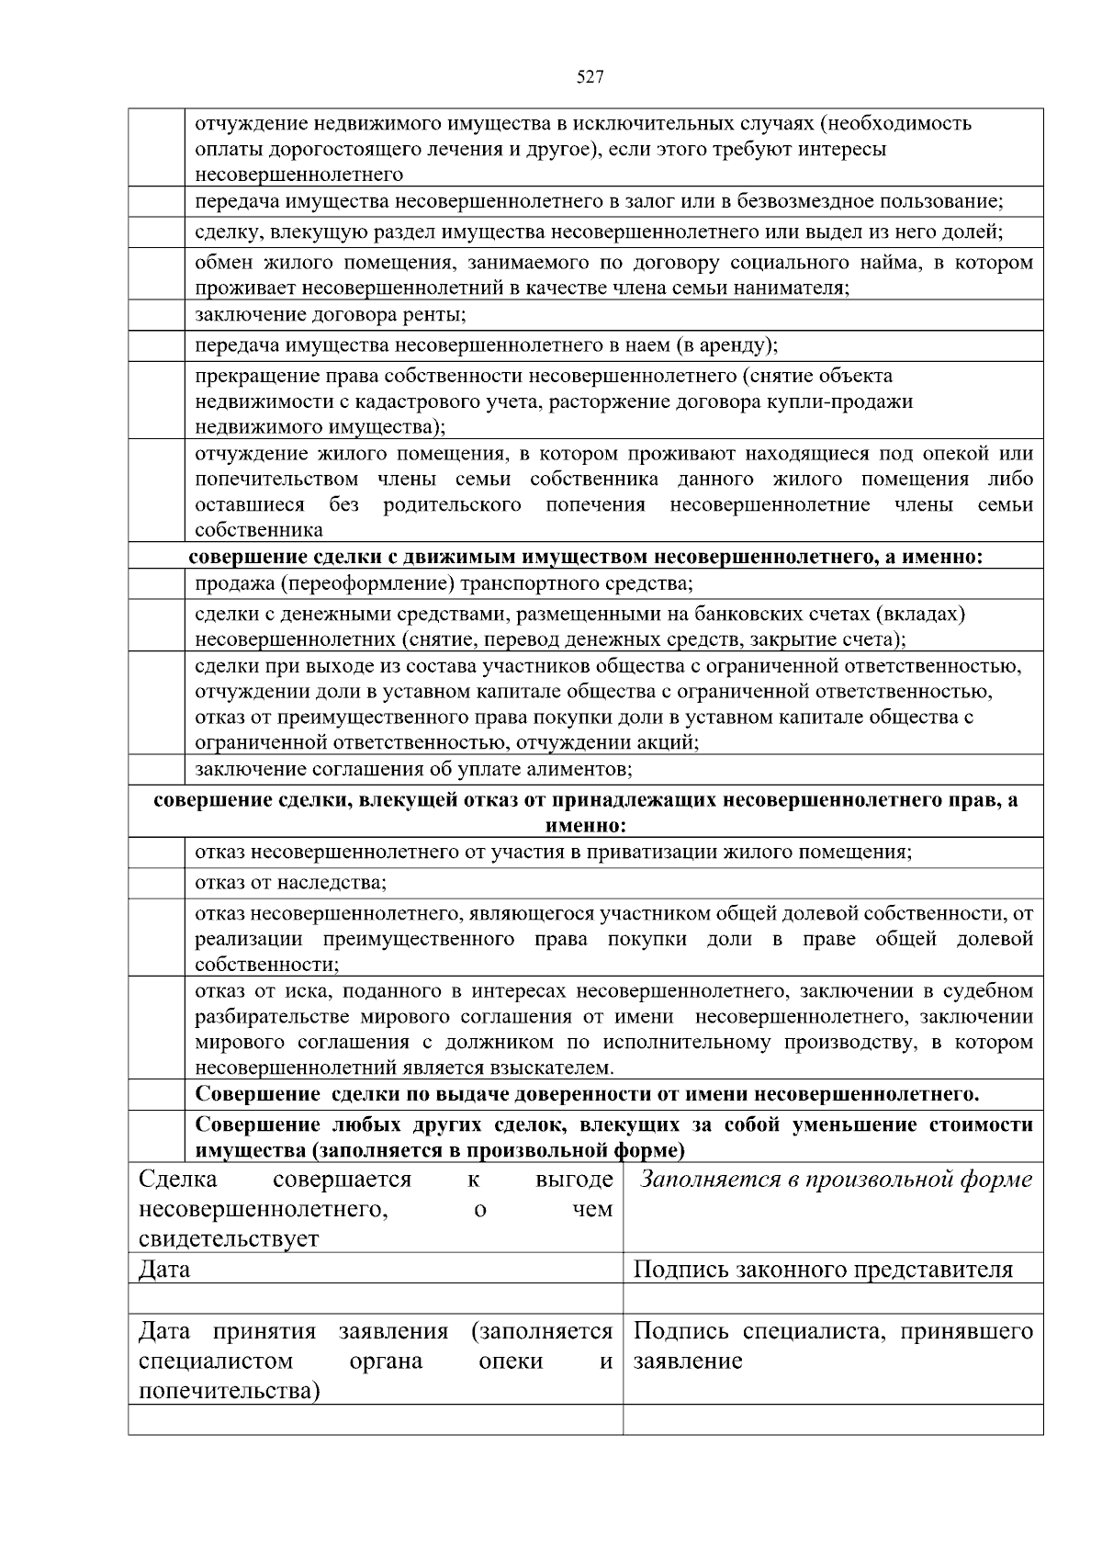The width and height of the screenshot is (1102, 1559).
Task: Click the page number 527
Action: (590, 77)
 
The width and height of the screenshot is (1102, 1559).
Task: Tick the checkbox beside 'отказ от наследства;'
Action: (156, 883)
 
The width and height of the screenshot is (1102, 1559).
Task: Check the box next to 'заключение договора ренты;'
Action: (156, 315)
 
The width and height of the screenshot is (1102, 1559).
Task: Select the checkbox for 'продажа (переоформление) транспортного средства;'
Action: (156, 584)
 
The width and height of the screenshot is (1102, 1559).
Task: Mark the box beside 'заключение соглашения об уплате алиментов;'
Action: (156, 769)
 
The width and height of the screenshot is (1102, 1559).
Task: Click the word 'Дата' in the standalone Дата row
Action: (164, 1270)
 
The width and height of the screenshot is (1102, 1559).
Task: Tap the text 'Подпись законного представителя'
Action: (823, 1270)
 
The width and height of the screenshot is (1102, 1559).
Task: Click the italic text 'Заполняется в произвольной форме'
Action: (835, 1180)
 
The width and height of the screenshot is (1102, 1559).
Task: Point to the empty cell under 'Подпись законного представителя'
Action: (833, 1298)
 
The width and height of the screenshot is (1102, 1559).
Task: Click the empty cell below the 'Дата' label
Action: (376, 1298)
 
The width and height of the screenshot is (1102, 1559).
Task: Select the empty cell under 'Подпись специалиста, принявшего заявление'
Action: (833, 1419)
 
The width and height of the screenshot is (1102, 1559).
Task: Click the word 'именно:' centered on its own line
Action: (585, 826)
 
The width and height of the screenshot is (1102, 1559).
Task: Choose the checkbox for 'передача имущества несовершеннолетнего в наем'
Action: (156, 346)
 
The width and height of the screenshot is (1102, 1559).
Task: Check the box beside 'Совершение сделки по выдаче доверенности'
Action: (156, 1095)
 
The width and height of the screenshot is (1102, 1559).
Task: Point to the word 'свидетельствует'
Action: (229, 1238)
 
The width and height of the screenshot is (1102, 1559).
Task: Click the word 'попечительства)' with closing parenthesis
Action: (229, 1391)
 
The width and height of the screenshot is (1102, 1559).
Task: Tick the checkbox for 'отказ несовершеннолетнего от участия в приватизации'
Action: (156, 853)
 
